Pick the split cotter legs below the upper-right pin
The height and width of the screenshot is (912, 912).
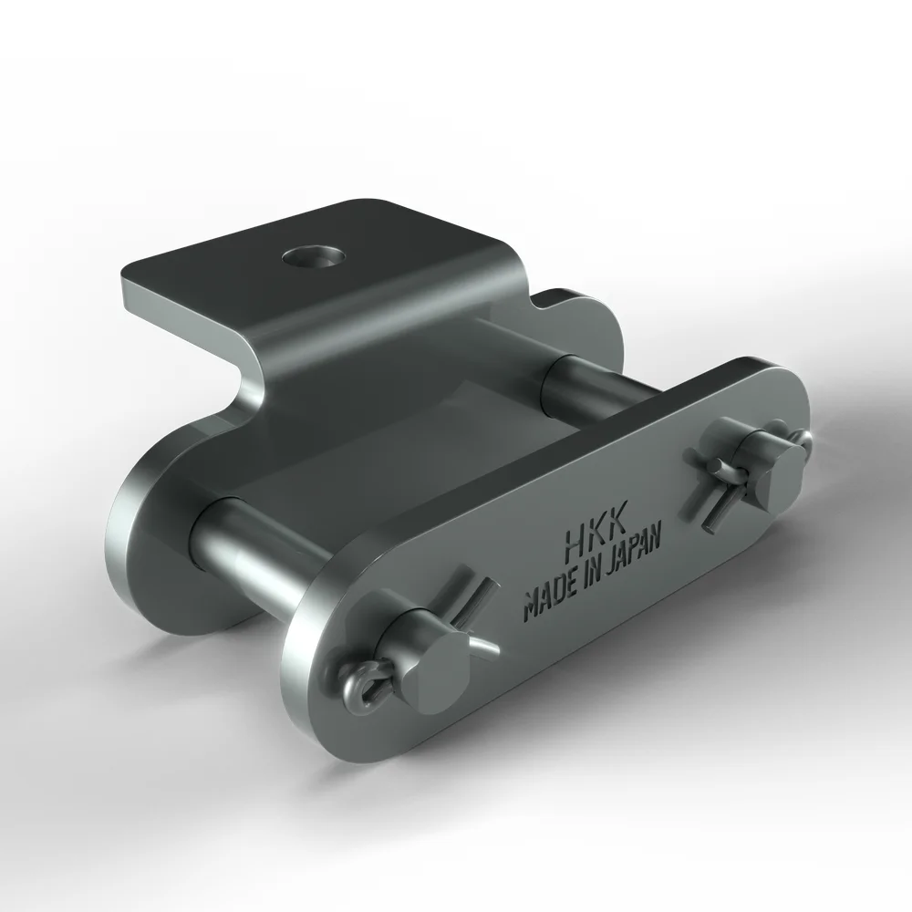(710, 504)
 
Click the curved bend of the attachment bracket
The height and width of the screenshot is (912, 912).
(251, 365)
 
